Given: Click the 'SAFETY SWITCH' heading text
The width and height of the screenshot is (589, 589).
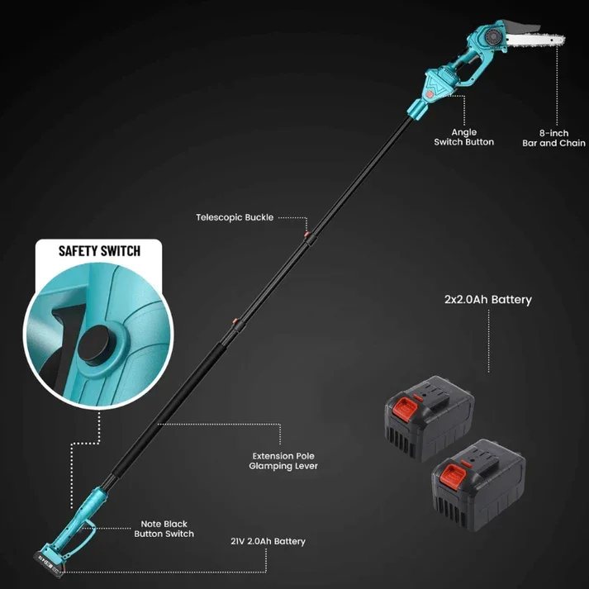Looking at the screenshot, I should tap(98, 250).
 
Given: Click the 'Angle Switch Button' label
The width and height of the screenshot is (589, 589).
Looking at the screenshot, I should tap(463, 137).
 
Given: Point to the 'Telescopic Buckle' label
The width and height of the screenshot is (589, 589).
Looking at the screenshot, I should tap(234, 218).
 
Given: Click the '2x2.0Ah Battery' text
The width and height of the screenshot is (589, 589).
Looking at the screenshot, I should tap(487, 300).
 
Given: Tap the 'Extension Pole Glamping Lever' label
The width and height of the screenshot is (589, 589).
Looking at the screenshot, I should tap(283, 461).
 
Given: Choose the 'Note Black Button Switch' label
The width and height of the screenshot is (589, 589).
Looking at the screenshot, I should tap(164, 529).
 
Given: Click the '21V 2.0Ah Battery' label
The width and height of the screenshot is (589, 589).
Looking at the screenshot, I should tap(268, 542).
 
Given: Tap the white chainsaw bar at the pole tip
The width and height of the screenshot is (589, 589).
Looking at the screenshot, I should tap(534, 40).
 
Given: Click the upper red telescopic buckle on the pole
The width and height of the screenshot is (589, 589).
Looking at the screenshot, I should tap(307, 238).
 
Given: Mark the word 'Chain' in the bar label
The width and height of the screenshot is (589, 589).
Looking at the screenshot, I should tap(572, 143).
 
